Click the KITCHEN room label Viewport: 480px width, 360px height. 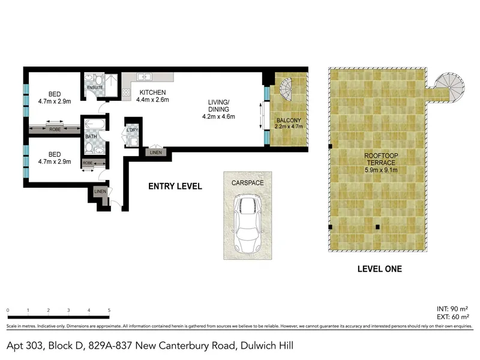tap(152, 92)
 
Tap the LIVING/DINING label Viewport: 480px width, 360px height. tap(218, 106)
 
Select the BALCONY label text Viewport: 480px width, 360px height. tap(289, 121)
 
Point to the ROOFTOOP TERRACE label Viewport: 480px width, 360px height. tap(381, 159)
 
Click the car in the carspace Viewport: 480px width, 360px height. tap(248, 224)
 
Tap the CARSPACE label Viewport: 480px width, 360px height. tap(247, 183)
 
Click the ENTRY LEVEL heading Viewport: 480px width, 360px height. tap(175, 186)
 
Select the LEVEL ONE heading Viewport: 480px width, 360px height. tap(380, 269)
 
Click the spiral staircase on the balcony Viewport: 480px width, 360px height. tap(286, 89)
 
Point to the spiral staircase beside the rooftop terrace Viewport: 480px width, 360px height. tap(449, 87)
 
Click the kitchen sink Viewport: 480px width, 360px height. tap(144, 77)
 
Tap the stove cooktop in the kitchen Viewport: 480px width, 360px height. tap(126, 92)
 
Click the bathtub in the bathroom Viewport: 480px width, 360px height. tap(95, 124)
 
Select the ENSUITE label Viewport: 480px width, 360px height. tap(95, 88)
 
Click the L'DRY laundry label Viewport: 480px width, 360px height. tap(132, 130)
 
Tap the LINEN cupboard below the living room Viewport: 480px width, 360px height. tap(156, 152)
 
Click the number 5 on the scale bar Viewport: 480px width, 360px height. tap(109, 310)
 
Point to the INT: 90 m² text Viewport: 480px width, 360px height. tap(452, 309)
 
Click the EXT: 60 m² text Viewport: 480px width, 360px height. tap(453, 317)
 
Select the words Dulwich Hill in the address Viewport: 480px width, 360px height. tap(267, 346)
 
